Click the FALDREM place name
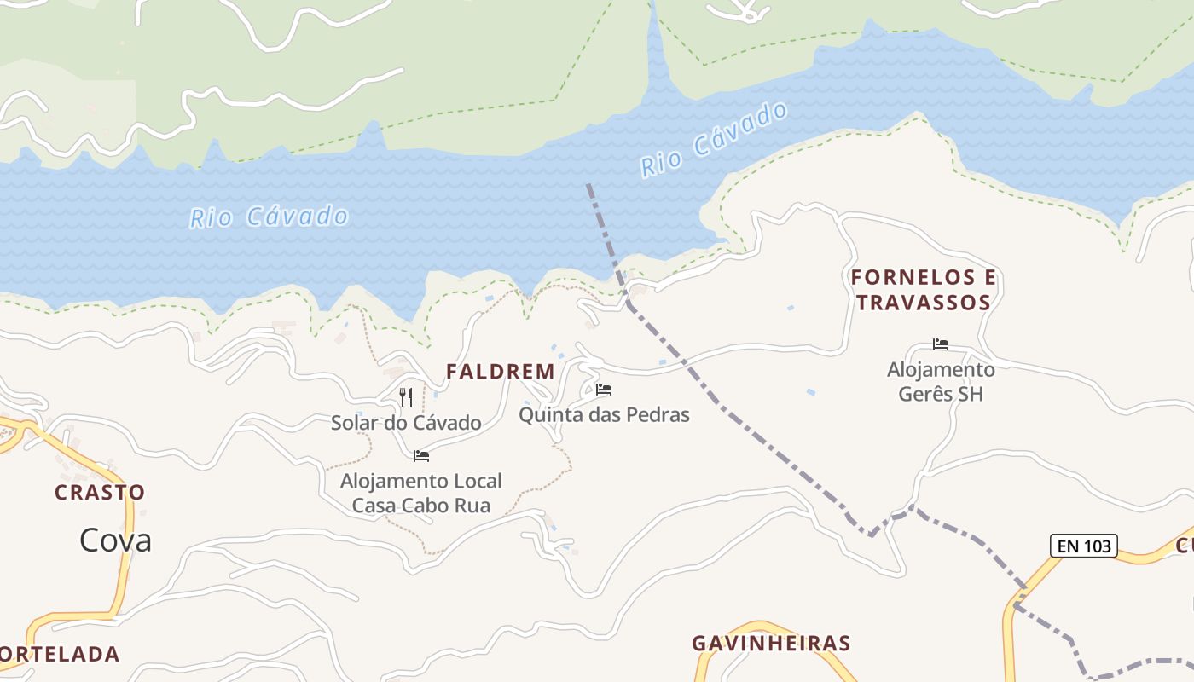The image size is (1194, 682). (501, 372)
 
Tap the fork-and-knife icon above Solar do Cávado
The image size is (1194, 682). (406, 397)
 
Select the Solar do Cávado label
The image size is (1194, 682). (406, 423)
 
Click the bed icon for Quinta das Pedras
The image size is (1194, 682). (604, 390)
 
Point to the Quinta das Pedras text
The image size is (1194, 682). (604, 415)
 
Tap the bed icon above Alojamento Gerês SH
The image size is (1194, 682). (941, 344)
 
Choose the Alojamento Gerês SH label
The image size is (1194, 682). (941, 382)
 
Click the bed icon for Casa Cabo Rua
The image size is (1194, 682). (421, 456)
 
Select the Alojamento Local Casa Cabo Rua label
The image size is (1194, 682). (421, 494)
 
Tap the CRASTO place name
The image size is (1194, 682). (100, 493)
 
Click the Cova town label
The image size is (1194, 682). (115, 540)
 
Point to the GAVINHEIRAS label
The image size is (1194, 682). (771, 644)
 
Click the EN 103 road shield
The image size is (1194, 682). (1083, 546)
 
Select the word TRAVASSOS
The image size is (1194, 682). (924, 303)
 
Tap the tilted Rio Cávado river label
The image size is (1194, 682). (715, 140)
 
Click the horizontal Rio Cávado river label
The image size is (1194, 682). (269, 217)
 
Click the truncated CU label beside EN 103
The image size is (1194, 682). (1185, 546)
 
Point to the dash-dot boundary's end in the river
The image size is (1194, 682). (588, 185)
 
